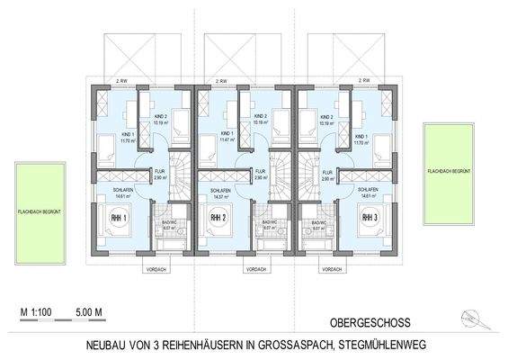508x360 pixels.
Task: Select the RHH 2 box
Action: [x=218, y=218]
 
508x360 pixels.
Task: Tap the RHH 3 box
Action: [x=369, y=218]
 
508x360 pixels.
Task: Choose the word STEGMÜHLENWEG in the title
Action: [x=423, y=345]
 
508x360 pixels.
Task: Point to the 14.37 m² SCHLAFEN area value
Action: [x=216, y=197]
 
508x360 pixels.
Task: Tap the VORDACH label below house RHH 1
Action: [x=155, y=267]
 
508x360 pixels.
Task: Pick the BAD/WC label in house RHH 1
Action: [x=168, y=222]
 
